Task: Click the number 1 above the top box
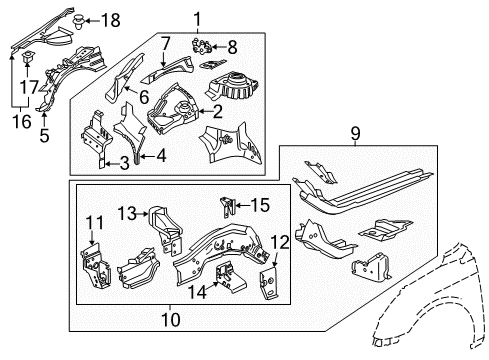tap(196, 18)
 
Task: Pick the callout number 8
tap(233, 46)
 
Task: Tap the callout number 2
tap(242, 112)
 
